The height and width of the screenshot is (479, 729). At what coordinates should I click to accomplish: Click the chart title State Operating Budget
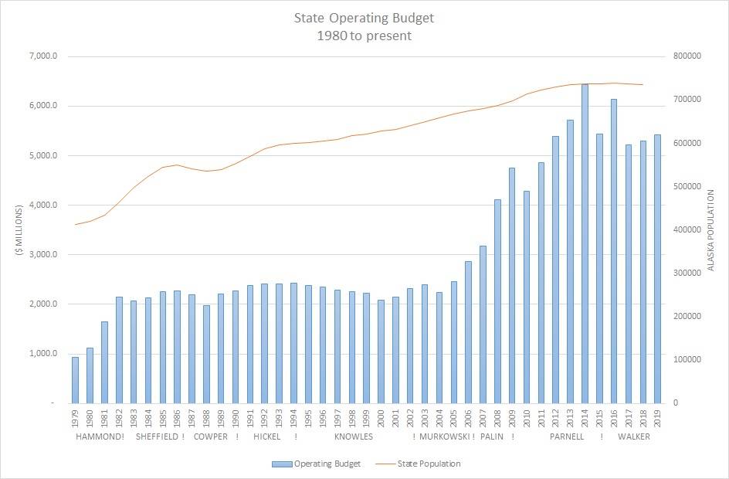[363, 16]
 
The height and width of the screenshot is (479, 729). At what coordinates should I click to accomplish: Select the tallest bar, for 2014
[585, 243]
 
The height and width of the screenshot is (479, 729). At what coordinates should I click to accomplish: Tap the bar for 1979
[76, 380]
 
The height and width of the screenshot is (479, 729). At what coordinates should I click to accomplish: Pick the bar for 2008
[498, 301]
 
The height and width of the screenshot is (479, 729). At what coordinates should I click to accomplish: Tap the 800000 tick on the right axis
[687, 56]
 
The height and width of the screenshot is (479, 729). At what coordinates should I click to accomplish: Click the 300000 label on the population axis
[687, 273]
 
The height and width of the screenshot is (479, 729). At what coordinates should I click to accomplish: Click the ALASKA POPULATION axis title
[711, 229]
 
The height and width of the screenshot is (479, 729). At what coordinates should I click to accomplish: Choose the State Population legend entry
[429, 464]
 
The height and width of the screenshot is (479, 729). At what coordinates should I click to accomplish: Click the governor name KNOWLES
[354, 437]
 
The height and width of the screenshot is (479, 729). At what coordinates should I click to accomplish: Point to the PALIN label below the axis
[492, 437]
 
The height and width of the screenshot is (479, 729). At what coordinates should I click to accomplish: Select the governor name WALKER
[634, 437]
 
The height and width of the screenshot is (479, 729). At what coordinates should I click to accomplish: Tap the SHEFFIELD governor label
[157, 437]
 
